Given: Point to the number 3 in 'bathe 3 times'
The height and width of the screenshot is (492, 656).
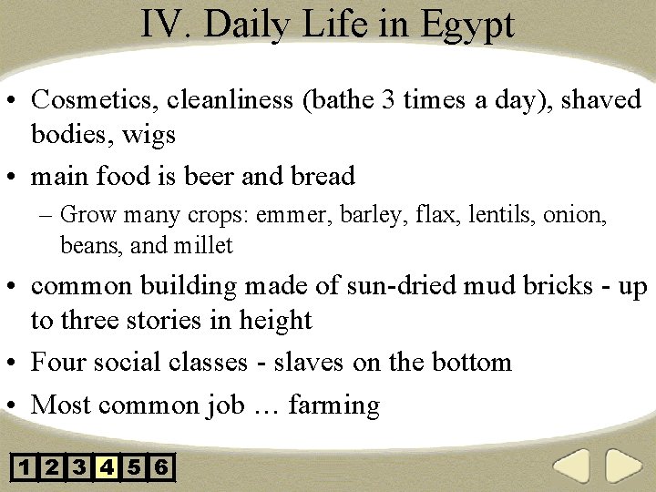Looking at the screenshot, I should [389, 99].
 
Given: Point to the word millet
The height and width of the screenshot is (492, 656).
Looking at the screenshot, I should [202, 245].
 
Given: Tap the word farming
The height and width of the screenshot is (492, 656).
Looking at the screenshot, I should [333, 404].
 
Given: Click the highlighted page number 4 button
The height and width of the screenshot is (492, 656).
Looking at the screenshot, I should [108, 468].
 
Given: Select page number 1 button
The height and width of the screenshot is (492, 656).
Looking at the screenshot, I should [25, 468].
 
